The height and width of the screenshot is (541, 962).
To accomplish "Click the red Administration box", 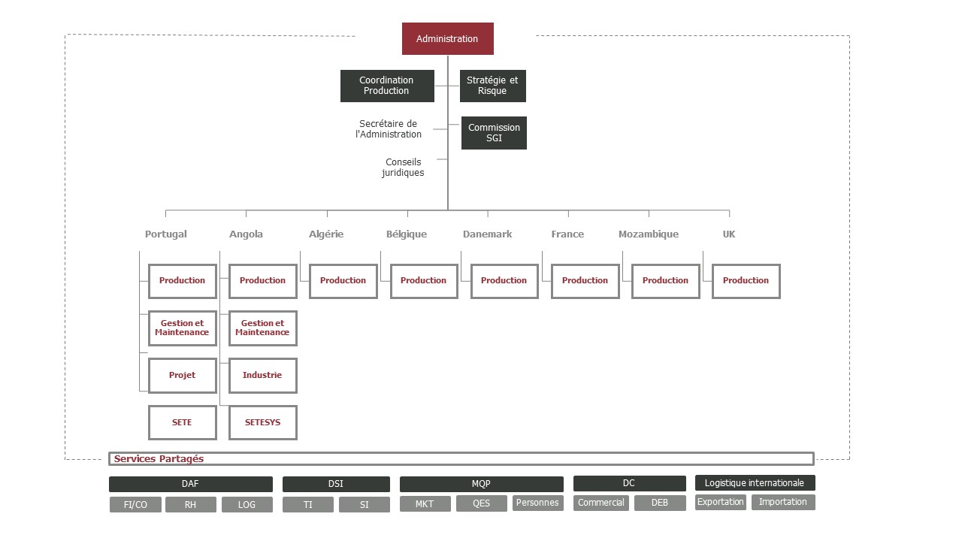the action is (447, 38).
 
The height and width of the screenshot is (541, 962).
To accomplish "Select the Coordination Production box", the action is (387, 86).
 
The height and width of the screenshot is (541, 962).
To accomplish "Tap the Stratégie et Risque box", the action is (492, 86).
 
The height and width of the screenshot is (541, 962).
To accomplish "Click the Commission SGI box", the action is (494, 133).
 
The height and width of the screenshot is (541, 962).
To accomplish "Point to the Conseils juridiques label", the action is (403, 168).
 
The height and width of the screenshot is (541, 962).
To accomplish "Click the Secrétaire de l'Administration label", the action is (389, 129).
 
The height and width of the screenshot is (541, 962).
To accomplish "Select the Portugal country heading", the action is (166, 234).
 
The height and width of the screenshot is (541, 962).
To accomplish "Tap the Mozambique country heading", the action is (649, 234).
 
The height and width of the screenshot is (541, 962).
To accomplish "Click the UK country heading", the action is (729, 234).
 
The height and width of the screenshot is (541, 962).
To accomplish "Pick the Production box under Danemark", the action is (504, 281).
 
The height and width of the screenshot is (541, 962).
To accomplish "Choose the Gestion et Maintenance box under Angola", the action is (263, 328).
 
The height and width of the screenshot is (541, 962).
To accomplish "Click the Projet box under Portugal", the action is (183, 376).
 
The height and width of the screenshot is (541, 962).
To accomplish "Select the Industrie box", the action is (263, 376).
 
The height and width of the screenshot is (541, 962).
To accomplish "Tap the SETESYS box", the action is (263, 422).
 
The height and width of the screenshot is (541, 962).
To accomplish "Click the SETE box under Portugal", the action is (183, 422).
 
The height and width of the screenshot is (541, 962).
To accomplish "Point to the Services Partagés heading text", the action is (159, 459).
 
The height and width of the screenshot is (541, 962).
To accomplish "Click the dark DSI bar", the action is (336, 484).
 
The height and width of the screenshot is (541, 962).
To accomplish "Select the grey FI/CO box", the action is (135, 504).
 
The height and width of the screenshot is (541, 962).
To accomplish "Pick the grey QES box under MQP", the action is (482, 503).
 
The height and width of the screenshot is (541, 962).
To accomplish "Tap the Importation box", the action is (783, 503).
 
